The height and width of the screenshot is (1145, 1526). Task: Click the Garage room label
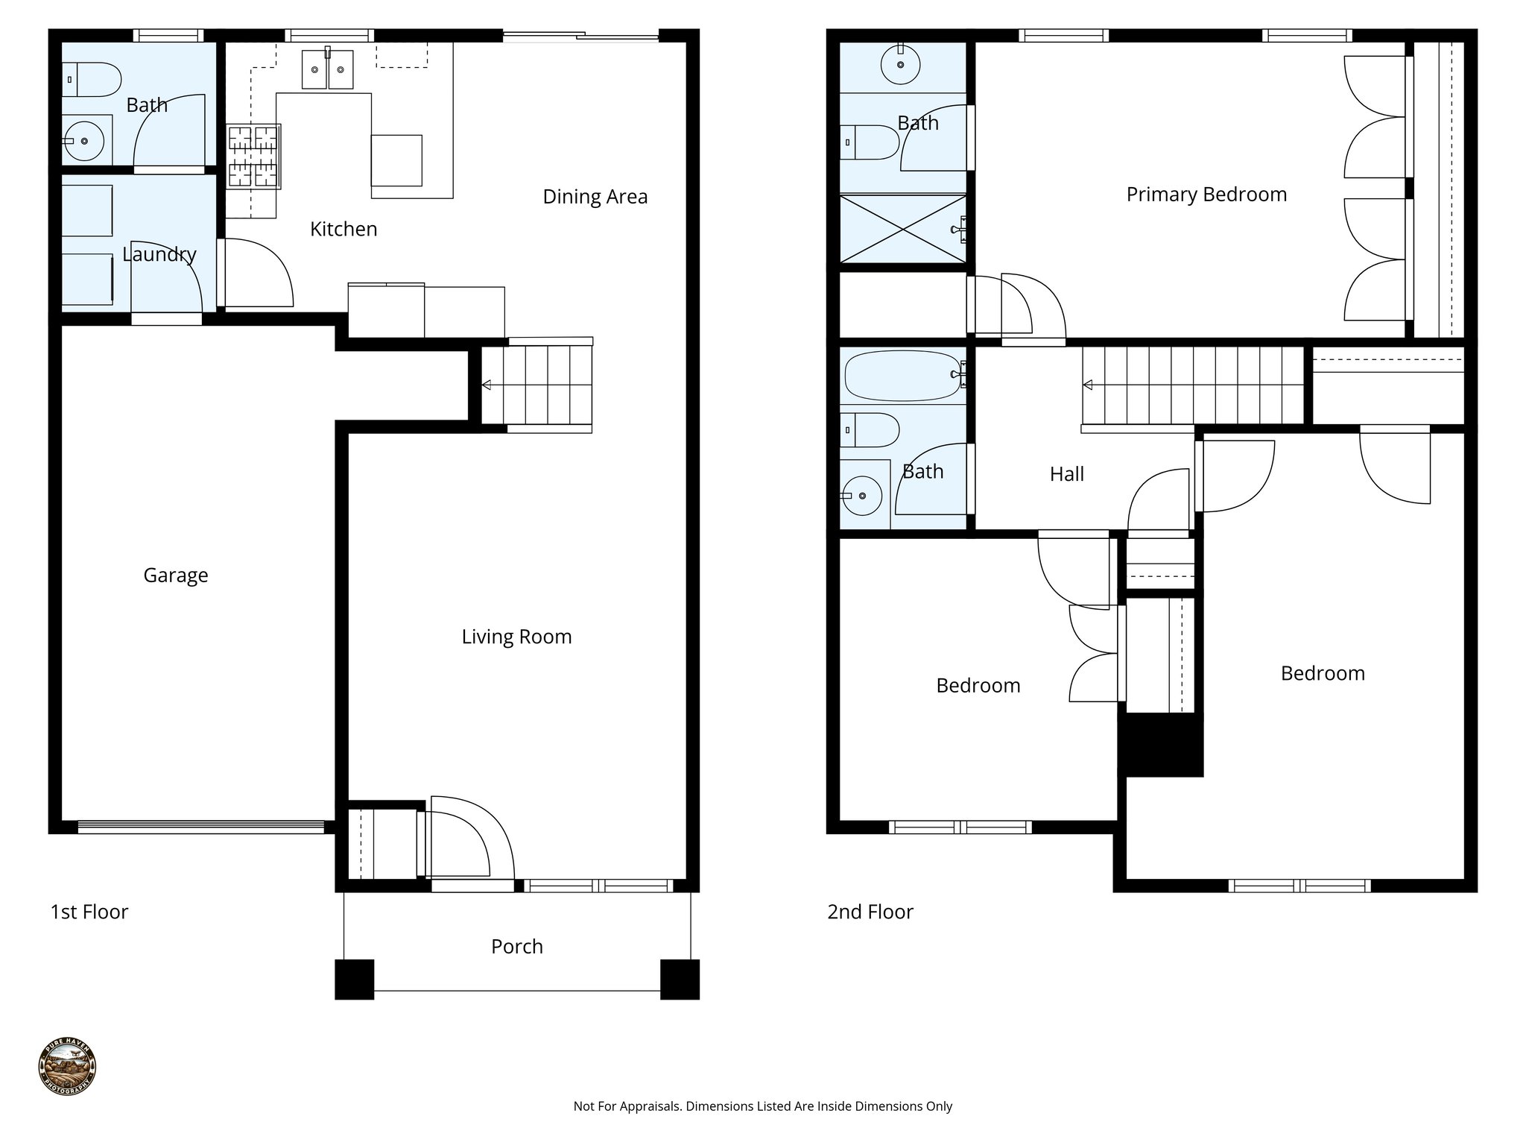click(175, 575)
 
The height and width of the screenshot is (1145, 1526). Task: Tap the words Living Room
click(516, 637)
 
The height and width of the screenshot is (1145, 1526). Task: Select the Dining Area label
click(595, 197)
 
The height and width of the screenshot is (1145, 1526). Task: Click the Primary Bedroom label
click(1206, 195)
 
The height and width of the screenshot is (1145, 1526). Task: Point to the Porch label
click(516, 947)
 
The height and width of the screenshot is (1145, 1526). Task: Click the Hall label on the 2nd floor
click(1066, 474)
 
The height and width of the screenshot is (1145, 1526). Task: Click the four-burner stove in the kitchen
click(253, 156)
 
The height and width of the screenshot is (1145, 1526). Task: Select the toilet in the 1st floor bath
click(93, 79)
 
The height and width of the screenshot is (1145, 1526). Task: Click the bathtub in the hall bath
click(902, 376)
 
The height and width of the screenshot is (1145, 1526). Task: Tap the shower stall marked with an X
click(902, 228)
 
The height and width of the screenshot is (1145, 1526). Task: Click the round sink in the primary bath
click(900, 65)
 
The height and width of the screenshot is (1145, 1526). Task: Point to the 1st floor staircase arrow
click(487, 385)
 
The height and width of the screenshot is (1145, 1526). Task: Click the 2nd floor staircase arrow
click(1089, 385)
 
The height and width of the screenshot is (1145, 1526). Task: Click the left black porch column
click(354, 980)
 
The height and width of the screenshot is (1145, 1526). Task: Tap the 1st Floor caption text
click(89, 912)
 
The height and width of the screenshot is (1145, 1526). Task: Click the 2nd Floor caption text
click(870, 912)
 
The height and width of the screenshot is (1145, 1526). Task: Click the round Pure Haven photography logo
click(67, 1067)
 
